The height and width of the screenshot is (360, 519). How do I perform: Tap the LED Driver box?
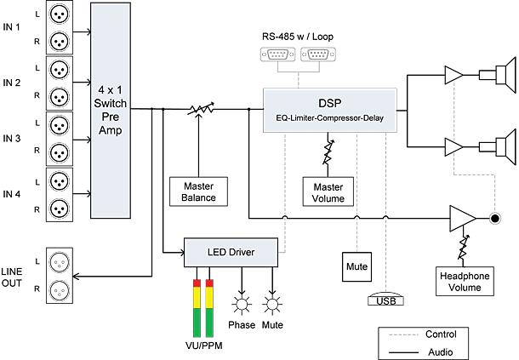click(x=231, y=251)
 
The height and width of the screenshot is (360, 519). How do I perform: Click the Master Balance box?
click(x=198, y=191)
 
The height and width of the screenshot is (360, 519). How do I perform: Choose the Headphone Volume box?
click(x=465, y=281)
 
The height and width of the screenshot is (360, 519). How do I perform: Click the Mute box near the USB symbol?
click(x=356, y=266)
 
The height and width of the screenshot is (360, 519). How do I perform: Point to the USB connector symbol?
click(x=385, y=300)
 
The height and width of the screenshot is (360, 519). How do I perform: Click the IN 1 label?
click(x=13, y=30)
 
